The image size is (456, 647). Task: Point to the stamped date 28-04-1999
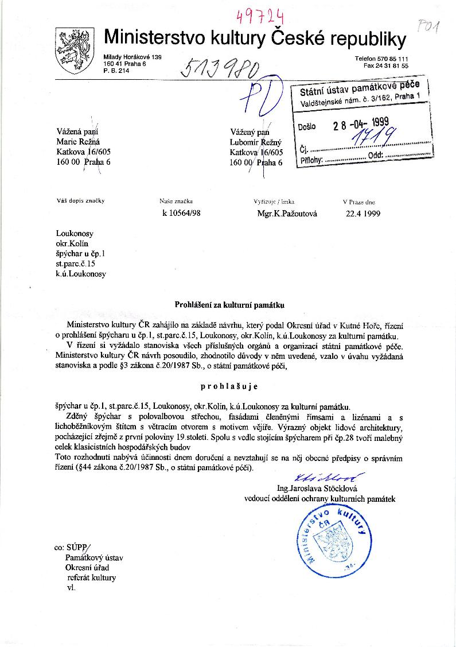click(361, 124)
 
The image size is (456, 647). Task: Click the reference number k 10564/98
click(182, 214)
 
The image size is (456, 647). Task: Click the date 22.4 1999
click(363, 214)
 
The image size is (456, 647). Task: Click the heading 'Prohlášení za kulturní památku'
click(229, 305)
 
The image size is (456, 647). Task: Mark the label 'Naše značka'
click(176, 202)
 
